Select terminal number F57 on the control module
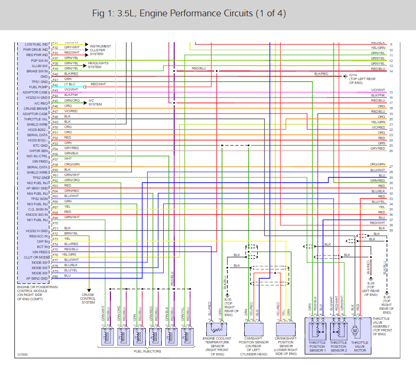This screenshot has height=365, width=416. point(55,159)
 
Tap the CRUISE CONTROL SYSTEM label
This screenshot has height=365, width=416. point(88,298)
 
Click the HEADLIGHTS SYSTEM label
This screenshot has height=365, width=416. point(98,65)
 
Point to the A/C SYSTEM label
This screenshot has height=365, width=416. point(95,102)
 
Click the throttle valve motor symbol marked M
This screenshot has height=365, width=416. point(355,330)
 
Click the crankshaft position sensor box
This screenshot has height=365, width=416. point(286,329)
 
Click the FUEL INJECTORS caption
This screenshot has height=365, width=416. point(147,352)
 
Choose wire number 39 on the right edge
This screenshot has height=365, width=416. point(392,231)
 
